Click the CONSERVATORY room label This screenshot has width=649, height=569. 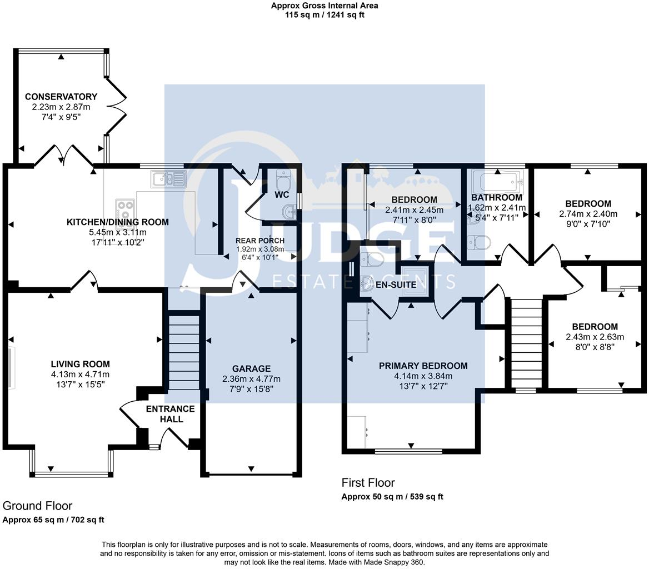point(61,97)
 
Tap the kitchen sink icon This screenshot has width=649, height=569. point(167,179)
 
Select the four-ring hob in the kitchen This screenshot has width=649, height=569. point(125,210)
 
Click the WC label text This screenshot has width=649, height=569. point(282,195)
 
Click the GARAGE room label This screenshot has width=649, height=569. point(251,368)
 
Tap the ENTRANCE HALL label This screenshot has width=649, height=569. point(171,414)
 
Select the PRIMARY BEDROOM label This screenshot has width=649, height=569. point(423,366)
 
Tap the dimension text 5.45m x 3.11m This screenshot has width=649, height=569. point(117,232)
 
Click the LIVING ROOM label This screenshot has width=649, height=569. point(80,365)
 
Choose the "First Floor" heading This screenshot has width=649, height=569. point(368,483)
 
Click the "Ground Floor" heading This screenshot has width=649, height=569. point(37,506)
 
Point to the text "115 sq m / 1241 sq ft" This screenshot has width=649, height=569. point(325,15)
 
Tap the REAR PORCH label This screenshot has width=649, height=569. point(260,241)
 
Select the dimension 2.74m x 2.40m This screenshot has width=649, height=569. point(588,214)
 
